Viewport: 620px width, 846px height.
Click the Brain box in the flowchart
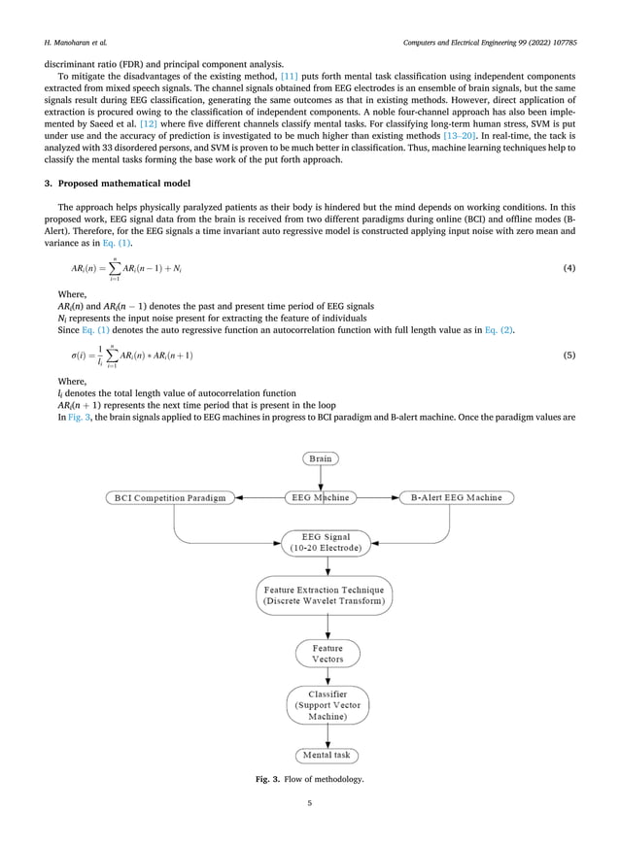point(320,458)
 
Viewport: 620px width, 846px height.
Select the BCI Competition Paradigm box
point(170,498)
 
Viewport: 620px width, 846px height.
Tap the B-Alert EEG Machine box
point(457,498)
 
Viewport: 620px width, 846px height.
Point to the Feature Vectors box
point(327,654)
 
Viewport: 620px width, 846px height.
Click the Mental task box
point(327,756)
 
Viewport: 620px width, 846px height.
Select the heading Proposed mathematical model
point(125,185)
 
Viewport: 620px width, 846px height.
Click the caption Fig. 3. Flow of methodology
point(309,782)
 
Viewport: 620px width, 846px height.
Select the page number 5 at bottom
point(309,803)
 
